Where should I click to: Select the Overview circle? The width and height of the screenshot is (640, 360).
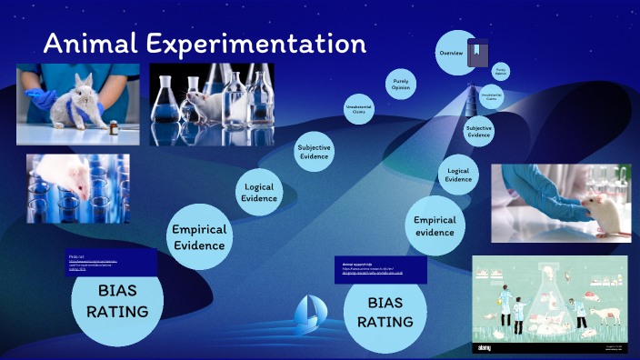[452, 53]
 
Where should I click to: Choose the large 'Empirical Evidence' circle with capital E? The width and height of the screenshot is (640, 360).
[199, 236]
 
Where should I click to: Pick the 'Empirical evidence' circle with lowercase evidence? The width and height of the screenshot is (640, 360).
[435, 226]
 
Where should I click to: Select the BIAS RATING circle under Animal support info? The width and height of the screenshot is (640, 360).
[385, 310]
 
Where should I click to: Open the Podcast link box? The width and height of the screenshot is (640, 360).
[111, 263]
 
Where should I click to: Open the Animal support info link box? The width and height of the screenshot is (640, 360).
[381, 268]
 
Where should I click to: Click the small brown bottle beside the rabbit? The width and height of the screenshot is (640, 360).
[114, 128]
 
